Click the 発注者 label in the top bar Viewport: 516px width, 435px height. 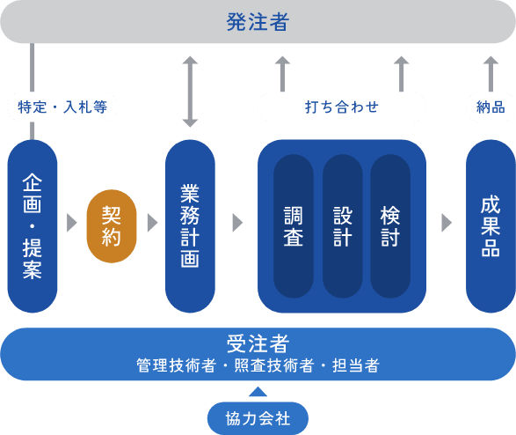click(x=258, y=22)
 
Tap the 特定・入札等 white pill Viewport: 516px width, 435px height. click(x=62, y=107)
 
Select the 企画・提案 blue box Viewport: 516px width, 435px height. click(x=33, y=226)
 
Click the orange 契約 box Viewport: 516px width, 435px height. click(x=112, y=226)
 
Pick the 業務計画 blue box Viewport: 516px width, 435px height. click(x=190, y=226)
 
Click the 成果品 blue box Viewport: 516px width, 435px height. click(x=491, y=226)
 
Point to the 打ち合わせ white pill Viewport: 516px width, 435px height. click(x=341, y=107)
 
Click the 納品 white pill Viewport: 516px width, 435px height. click(x=491, y=107)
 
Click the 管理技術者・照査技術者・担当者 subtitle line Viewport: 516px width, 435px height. click(x=258, y=365)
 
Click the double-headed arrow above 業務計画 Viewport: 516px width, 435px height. click(x=190, y=92)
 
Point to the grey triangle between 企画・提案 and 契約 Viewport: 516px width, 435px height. click(x=72, y=223)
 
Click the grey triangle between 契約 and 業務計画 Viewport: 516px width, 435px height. click(x=152, y=223)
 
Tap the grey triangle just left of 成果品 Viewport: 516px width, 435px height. click(x=447, y=223)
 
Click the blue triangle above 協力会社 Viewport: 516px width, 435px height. click(x=258, y=392)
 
